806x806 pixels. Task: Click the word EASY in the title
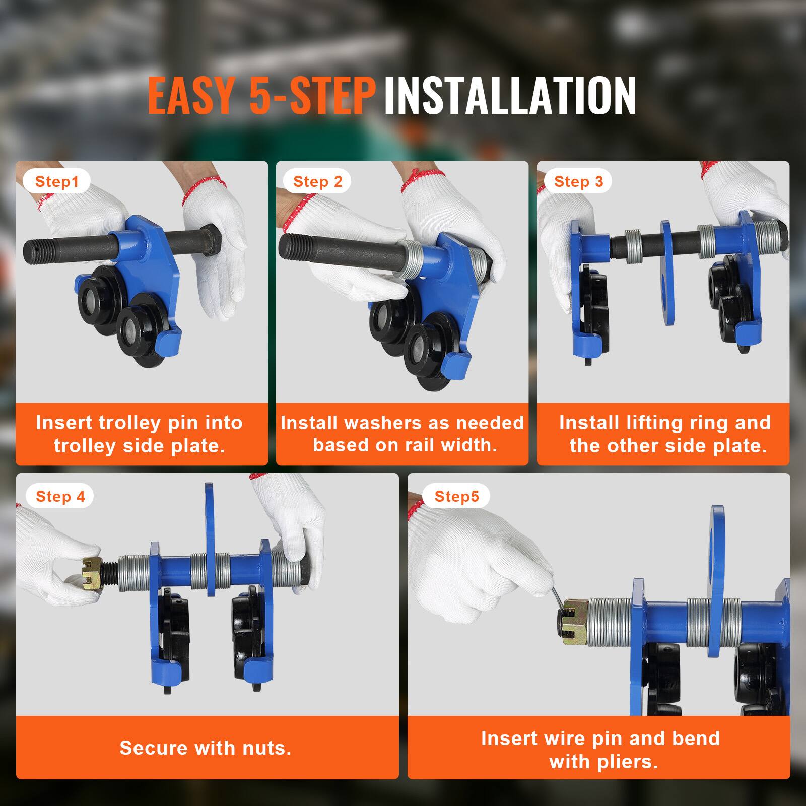191,96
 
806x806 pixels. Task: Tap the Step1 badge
57,181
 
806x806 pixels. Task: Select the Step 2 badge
317,181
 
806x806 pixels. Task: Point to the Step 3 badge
578,181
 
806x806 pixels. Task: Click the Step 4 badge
60,497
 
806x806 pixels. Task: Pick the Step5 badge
456,497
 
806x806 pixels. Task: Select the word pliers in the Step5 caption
630,761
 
